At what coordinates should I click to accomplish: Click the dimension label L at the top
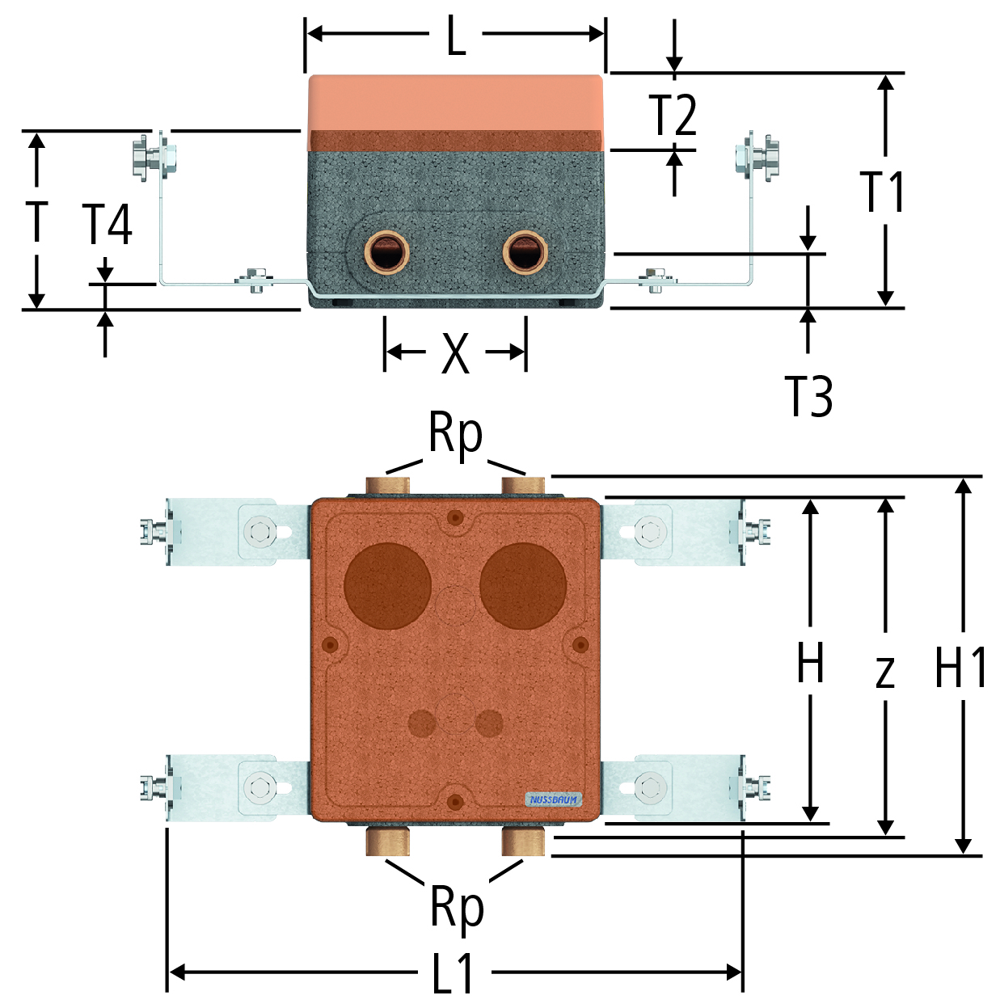pyautogui.click(x=456, y=36)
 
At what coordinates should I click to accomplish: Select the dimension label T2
pyautogui.click(x=672, y=116)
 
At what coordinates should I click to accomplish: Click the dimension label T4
pyautogui.click(x=108, y=225)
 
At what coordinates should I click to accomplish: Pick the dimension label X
pyautogui.click(x=455, y=353)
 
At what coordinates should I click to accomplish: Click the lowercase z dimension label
pyautogui.click(x=885, y=673)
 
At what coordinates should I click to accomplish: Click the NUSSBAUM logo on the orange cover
pyautogui.click(x=553, y=815)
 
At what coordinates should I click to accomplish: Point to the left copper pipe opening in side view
pyautogui.click(x=386, y=253)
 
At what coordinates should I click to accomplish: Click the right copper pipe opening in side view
pyautogui.click(x=525, y=253)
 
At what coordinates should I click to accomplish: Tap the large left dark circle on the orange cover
pyautogui.click(x=387, y=586)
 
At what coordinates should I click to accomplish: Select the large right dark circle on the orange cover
pyautogui.click(x=523, y=586)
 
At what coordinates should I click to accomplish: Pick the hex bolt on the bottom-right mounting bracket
pyautogui.click(x=651, y=788)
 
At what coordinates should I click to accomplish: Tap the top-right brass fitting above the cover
pyautogui.click(x=523, y=486)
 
